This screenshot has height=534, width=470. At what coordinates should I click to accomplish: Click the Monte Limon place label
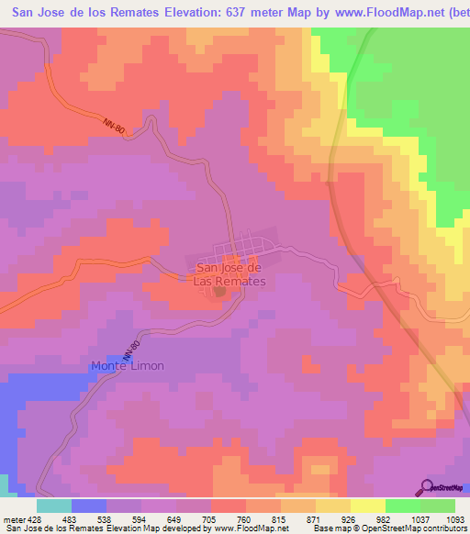[128, 366]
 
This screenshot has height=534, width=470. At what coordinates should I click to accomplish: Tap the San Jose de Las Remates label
[229, 274]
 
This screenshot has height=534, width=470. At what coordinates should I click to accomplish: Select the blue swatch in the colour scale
[88, 505]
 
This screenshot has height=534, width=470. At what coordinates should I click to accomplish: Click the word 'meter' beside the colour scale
[13, 518]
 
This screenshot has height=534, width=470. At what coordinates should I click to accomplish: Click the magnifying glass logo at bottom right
[427, 488]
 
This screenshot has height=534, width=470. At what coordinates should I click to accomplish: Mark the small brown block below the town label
[219, 292]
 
